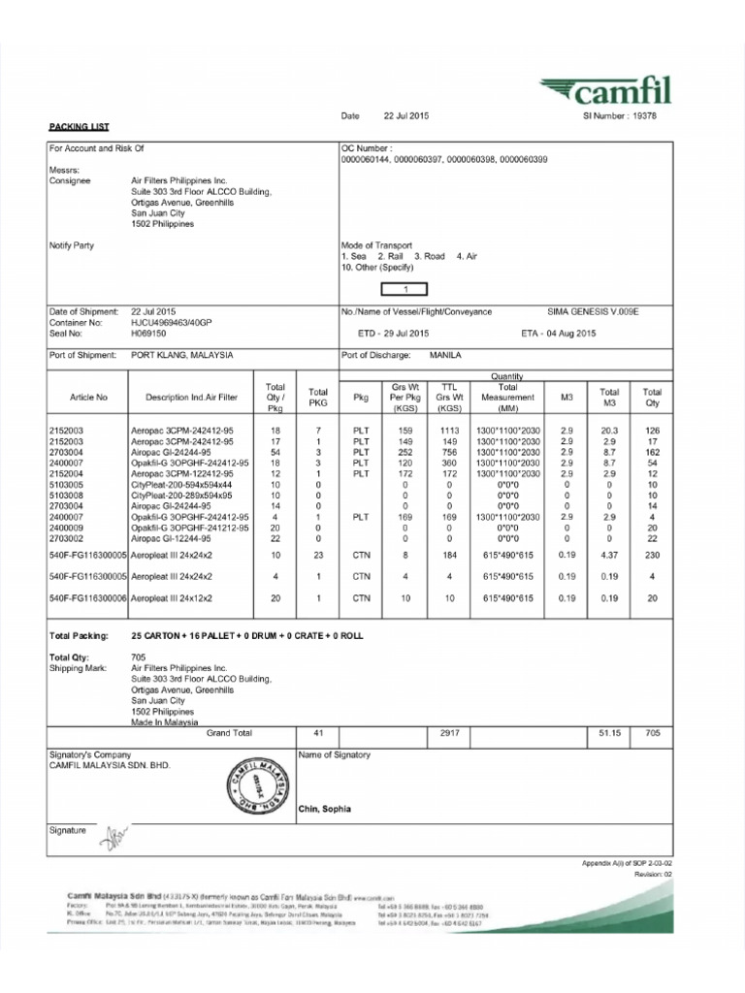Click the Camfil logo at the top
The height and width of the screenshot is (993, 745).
tap(606, 93)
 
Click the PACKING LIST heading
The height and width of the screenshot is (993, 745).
tap(80, 126)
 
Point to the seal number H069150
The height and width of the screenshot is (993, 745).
tap(148, 333)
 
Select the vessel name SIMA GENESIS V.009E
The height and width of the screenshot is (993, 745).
tap(594, 311)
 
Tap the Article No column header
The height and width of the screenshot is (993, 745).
tap(89, 398)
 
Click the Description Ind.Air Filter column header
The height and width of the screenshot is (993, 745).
tap(191, 398)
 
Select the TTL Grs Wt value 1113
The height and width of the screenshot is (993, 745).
tap(448, 429)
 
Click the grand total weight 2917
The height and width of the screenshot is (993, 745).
tap(448, 733)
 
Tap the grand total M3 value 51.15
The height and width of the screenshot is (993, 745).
tap(609, 733)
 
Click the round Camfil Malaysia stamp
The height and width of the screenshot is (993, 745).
tap(256, 786)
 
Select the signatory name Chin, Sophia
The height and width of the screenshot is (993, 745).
tap(325, 809)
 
